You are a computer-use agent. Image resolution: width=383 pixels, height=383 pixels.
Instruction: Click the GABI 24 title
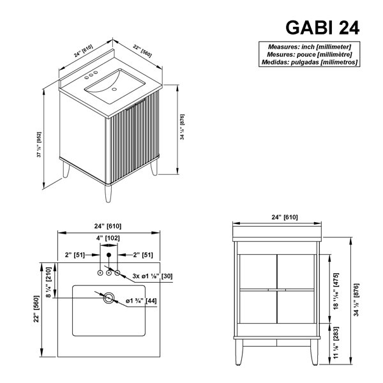point(322,27)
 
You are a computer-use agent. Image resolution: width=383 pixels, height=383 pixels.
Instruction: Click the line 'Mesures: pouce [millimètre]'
point(310,54)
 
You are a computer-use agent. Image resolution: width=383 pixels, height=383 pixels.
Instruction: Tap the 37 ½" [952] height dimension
point(39,145)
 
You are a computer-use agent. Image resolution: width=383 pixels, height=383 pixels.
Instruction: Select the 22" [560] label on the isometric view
point(142,51)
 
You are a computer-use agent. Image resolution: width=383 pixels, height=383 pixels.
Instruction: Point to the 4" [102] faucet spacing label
point(108,238)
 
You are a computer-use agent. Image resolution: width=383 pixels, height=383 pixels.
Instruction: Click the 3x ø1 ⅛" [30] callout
point(153,276)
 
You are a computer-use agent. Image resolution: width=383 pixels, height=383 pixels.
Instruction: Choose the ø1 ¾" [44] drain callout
point(141,301)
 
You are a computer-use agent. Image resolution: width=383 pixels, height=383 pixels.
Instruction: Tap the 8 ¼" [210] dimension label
point(49,283)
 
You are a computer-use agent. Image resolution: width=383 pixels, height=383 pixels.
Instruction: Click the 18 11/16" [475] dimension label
point(336,292)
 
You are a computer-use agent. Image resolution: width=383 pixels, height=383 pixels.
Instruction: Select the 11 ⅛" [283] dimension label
point(336,343)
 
